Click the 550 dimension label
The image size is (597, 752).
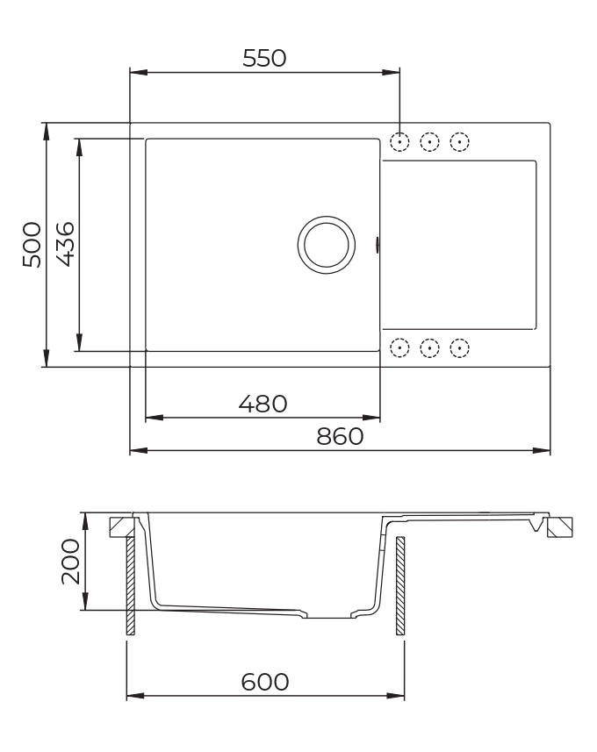[264, 58]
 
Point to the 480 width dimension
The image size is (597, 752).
[263, 404]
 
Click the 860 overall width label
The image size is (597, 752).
[340, 437]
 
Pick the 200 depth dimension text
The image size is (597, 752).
[70, 562]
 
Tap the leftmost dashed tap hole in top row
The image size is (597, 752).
[399, 141]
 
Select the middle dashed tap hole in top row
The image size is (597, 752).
[429, 141]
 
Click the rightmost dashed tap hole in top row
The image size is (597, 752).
[459, 141]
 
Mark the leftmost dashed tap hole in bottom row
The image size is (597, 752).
[399, 347]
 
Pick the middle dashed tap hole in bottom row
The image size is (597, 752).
[429, 347]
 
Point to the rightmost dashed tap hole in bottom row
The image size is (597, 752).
[459, 347]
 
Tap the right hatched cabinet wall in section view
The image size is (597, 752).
[399, 585]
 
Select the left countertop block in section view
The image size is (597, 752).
[120, 526]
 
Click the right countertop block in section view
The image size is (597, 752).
[558, 526]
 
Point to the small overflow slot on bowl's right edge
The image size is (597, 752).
[378, 245]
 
